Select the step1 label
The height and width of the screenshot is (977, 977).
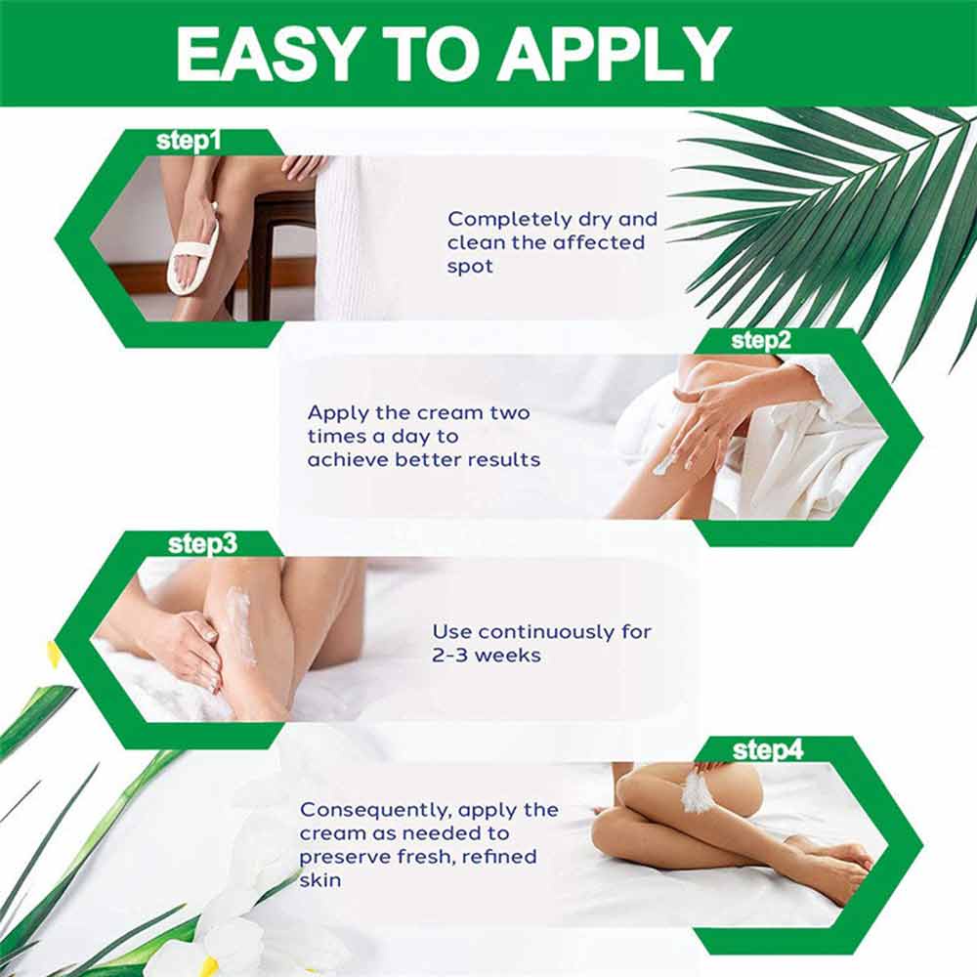pos(189,141)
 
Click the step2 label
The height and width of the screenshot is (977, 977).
pos(761,341)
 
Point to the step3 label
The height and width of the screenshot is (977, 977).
pos(202,544)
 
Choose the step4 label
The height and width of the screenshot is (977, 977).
pos(768,749)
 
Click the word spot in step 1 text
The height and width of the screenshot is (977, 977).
pos(470,267)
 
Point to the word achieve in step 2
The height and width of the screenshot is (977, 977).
pos(348,460)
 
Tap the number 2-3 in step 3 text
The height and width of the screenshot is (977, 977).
pos(449,656)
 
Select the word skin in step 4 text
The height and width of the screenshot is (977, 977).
pos(320,880)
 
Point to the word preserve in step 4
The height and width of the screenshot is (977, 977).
pos(345,858)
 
